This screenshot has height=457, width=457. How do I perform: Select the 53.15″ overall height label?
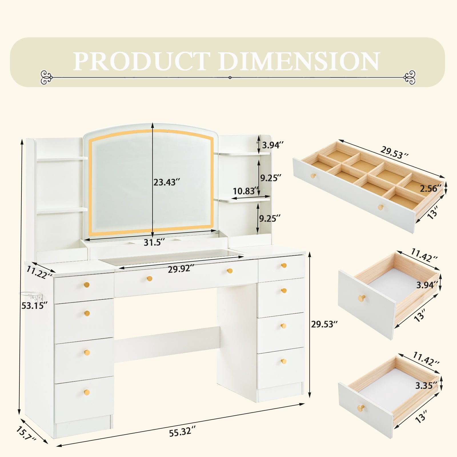tap(35, 306)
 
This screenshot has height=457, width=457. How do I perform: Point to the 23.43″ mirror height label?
tap(167, 182)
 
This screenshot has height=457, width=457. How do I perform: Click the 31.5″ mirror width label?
tap(154, 242)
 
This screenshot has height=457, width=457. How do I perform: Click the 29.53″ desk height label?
tap(324, 324)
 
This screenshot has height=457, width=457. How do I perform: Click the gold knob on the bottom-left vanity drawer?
tap(87, 392)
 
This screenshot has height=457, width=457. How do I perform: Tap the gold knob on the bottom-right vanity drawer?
tap(283, 361)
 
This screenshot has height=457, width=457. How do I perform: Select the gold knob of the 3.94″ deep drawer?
tap(362, 298)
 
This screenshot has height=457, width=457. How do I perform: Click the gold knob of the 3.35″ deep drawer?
tap(361, 408)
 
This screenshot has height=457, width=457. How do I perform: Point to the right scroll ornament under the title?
tap(409, 77)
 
